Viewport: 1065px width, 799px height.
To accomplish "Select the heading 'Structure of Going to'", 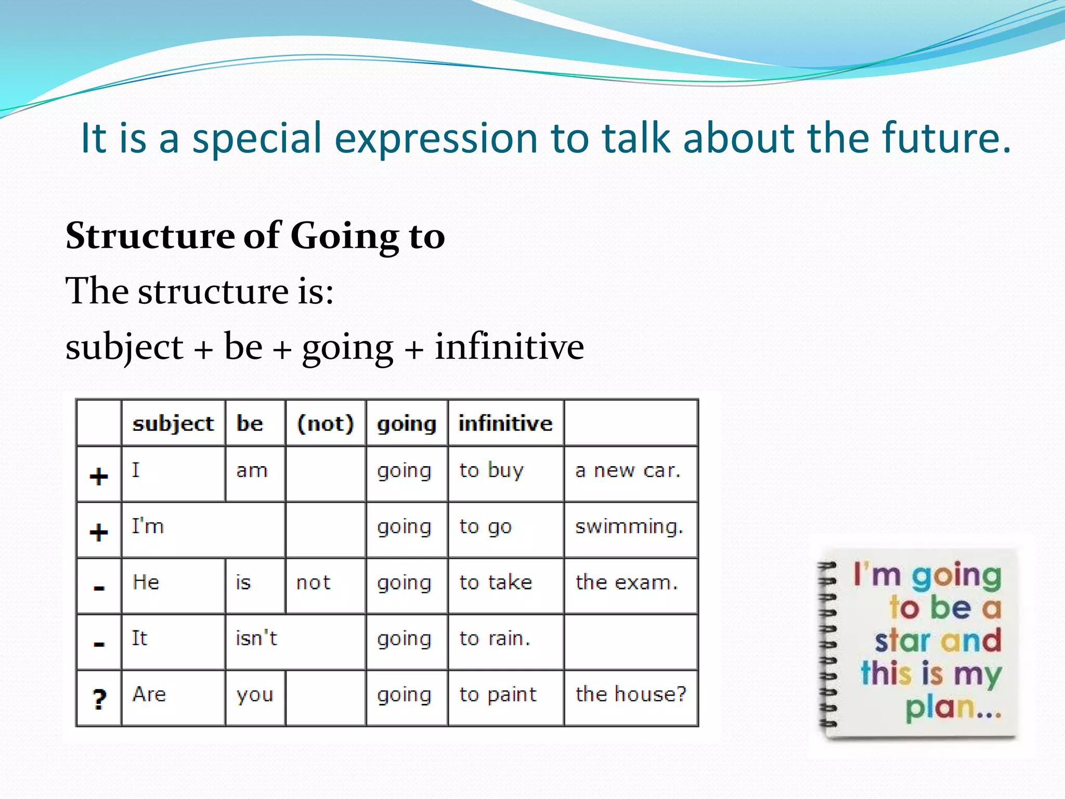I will [x=255, y=236].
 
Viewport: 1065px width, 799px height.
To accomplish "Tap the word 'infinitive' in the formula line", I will [x=509, y=346].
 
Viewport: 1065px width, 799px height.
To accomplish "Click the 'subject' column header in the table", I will [x=173, y=423].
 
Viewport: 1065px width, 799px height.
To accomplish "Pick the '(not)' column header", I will [x=325, y=423].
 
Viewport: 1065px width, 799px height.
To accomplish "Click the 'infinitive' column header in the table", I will [x=505, y=423].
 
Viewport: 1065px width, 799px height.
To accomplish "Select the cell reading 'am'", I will [x=252, y=471].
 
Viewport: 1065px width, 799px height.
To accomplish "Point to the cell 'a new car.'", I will [x=628, y=471].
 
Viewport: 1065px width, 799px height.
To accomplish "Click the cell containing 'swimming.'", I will [x=629, y=527].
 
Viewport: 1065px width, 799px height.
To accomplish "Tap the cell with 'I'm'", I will [x=148, y=526].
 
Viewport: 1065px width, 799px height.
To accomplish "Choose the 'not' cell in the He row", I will [x=313, y=583].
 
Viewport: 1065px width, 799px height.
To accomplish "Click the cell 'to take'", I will [x=496, y=583].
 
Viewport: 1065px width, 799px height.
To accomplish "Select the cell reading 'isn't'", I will [x=256, y=638].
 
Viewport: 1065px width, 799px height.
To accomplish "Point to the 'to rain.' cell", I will [x=495, y=638].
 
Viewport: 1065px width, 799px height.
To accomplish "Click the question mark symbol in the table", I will [x=99, y=699].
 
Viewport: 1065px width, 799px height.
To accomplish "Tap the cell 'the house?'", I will [x=630, y=694].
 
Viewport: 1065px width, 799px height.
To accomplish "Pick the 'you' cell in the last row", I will [x=254, y=695].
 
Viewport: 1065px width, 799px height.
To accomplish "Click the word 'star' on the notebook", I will [x=902, y=641].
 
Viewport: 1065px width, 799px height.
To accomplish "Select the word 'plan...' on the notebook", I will [x=953, y=707].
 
